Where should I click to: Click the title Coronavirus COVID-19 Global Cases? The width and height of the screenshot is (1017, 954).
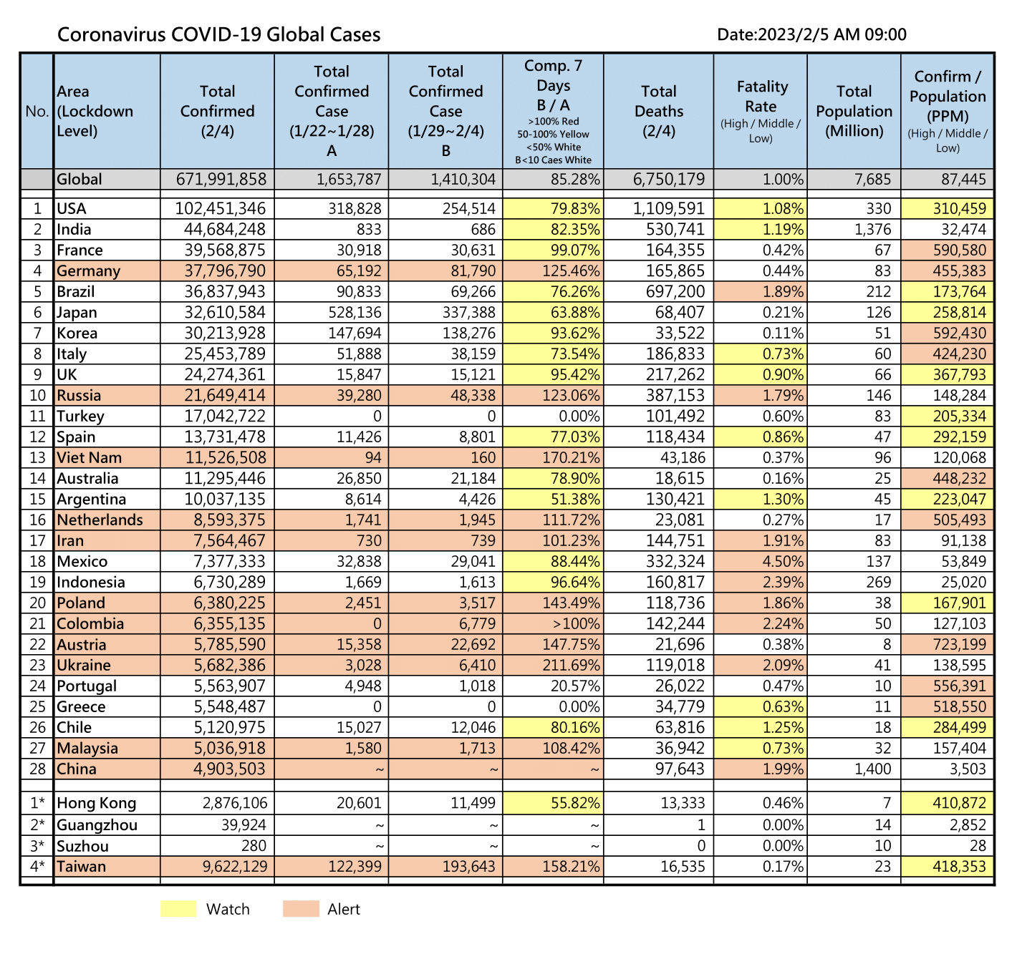pyautogui.click(x=218, y=34)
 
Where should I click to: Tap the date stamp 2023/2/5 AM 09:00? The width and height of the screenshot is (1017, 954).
pyautogui.click(x=832, y=34)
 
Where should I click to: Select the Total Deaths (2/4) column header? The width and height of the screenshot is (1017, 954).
pyautogui.click(x=658, y=111)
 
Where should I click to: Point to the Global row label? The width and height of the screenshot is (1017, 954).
pyautogui.click(x=79, y=179)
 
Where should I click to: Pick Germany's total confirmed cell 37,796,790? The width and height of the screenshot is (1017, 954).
pyautogui.click(x=225, y=271)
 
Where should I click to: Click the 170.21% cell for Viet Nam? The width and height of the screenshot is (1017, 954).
pyautogui.click(x=571, y=457)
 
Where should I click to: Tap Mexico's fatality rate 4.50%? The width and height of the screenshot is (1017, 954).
pyautogui.click(x=783, y=561)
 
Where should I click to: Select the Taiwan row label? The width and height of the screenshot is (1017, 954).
pyautogui.click(x=82, y=867)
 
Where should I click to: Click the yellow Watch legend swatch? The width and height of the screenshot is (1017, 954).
pyautogui.click(x=178, y=909)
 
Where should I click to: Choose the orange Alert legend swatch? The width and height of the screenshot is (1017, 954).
pyautogui.click(x=301, y=909)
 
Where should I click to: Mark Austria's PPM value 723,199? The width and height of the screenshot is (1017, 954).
pyautogui.click(x=959, y=644)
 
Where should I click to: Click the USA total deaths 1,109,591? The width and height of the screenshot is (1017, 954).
pyautogui.click(x=669, y=208)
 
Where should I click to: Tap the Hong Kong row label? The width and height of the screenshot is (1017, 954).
pyautogui.click(x=96, y=803)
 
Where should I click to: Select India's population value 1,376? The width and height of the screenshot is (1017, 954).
pyautogui.click(x=872, y=229)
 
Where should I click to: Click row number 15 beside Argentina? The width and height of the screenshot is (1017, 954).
pyautogui.click(x=37, y=499)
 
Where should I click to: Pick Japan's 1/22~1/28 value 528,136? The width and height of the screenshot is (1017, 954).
pyautogui.click(x=355, y=312)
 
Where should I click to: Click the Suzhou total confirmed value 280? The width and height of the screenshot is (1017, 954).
pyautogui.click(x=254, y=845)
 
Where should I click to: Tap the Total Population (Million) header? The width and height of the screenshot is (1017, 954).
pyautogui.click(x=854, y=111)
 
